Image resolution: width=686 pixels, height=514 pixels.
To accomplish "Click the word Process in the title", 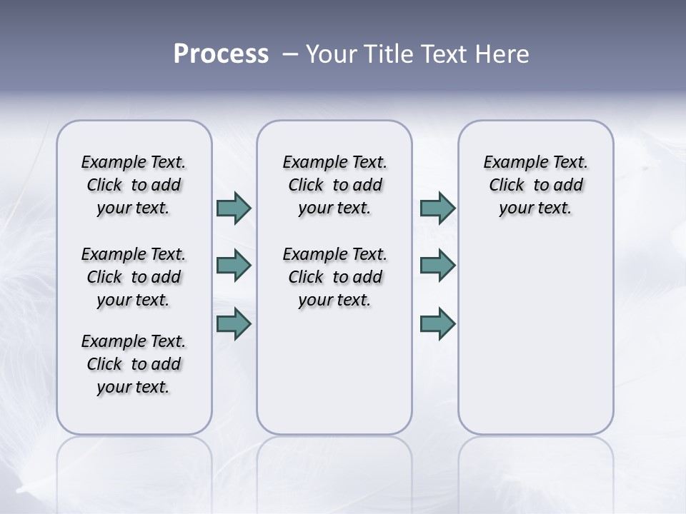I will [x=221, y=54].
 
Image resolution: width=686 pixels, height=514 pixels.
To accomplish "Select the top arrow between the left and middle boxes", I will [x=234, y=208].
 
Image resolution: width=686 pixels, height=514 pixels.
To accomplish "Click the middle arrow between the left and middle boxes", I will [x=234, y=266].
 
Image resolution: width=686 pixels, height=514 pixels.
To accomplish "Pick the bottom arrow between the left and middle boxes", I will [x=234, y=324].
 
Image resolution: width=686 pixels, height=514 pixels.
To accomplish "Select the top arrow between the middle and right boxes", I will [x=437, y=208].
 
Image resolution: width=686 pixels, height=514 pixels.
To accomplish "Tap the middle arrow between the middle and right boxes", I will [x=437, y=266].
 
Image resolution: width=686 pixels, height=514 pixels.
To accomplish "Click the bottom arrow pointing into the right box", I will [x=437, y=324].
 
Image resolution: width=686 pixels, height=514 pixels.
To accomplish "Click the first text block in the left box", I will [x=134, y=185].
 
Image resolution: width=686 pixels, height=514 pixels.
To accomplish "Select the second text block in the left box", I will [x=134, y=277].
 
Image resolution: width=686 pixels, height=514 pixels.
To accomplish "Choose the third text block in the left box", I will [x=134, y=364].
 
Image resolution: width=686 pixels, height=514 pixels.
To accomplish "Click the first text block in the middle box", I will [x=334, y=185].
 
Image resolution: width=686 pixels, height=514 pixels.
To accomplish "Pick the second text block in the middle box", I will [x=334, y=277].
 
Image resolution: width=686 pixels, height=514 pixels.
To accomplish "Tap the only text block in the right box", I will [x=535, y=185].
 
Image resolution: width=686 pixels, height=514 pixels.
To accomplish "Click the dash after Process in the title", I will [x=289, y=54].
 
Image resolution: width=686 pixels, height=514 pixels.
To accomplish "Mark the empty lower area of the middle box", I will [x=334, y=371].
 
